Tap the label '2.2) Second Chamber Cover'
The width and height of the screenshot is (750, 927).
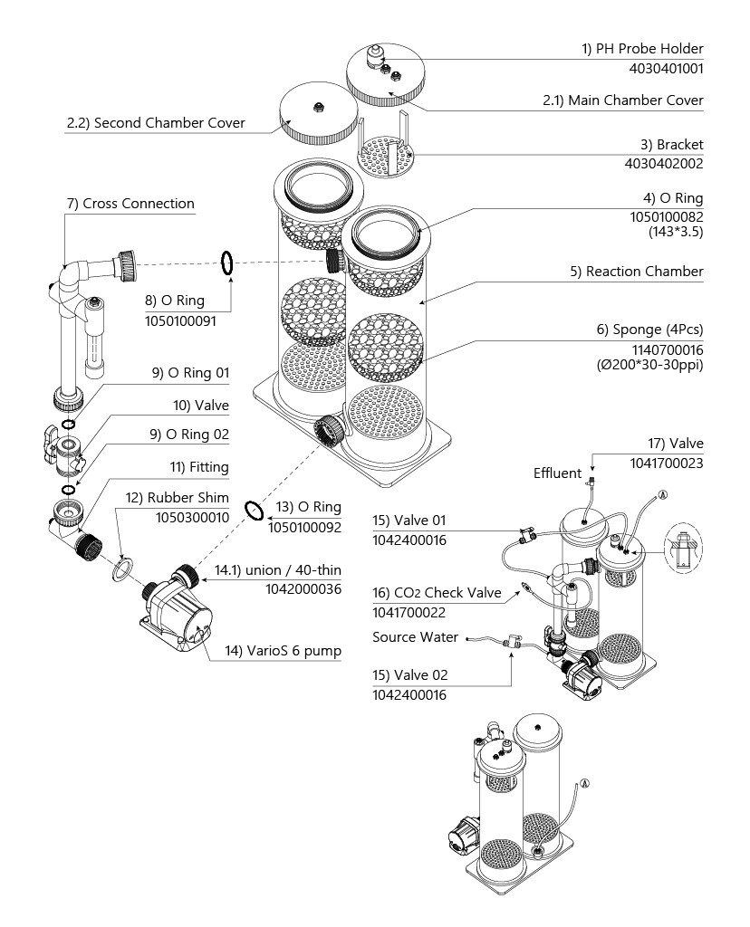(x=156, y=123)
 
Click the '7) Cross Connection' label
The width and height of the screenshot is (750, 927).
(x=130, y=204)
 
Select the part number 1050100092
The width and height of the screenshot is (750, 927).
(x=305, y=526)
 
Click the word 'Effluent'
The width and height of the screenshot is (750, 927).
(x=557, y=473)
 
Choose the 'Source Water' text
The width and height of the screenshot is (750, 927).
(x=415, y=637)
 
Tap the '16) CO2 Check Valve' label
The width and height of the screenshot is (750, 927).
(x=437, y=593)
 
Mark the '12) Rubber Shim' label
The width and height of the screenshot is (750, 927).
(x=178, y=498)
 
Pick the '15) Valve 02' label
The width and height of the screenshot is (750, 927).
(x=409, y=675)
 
